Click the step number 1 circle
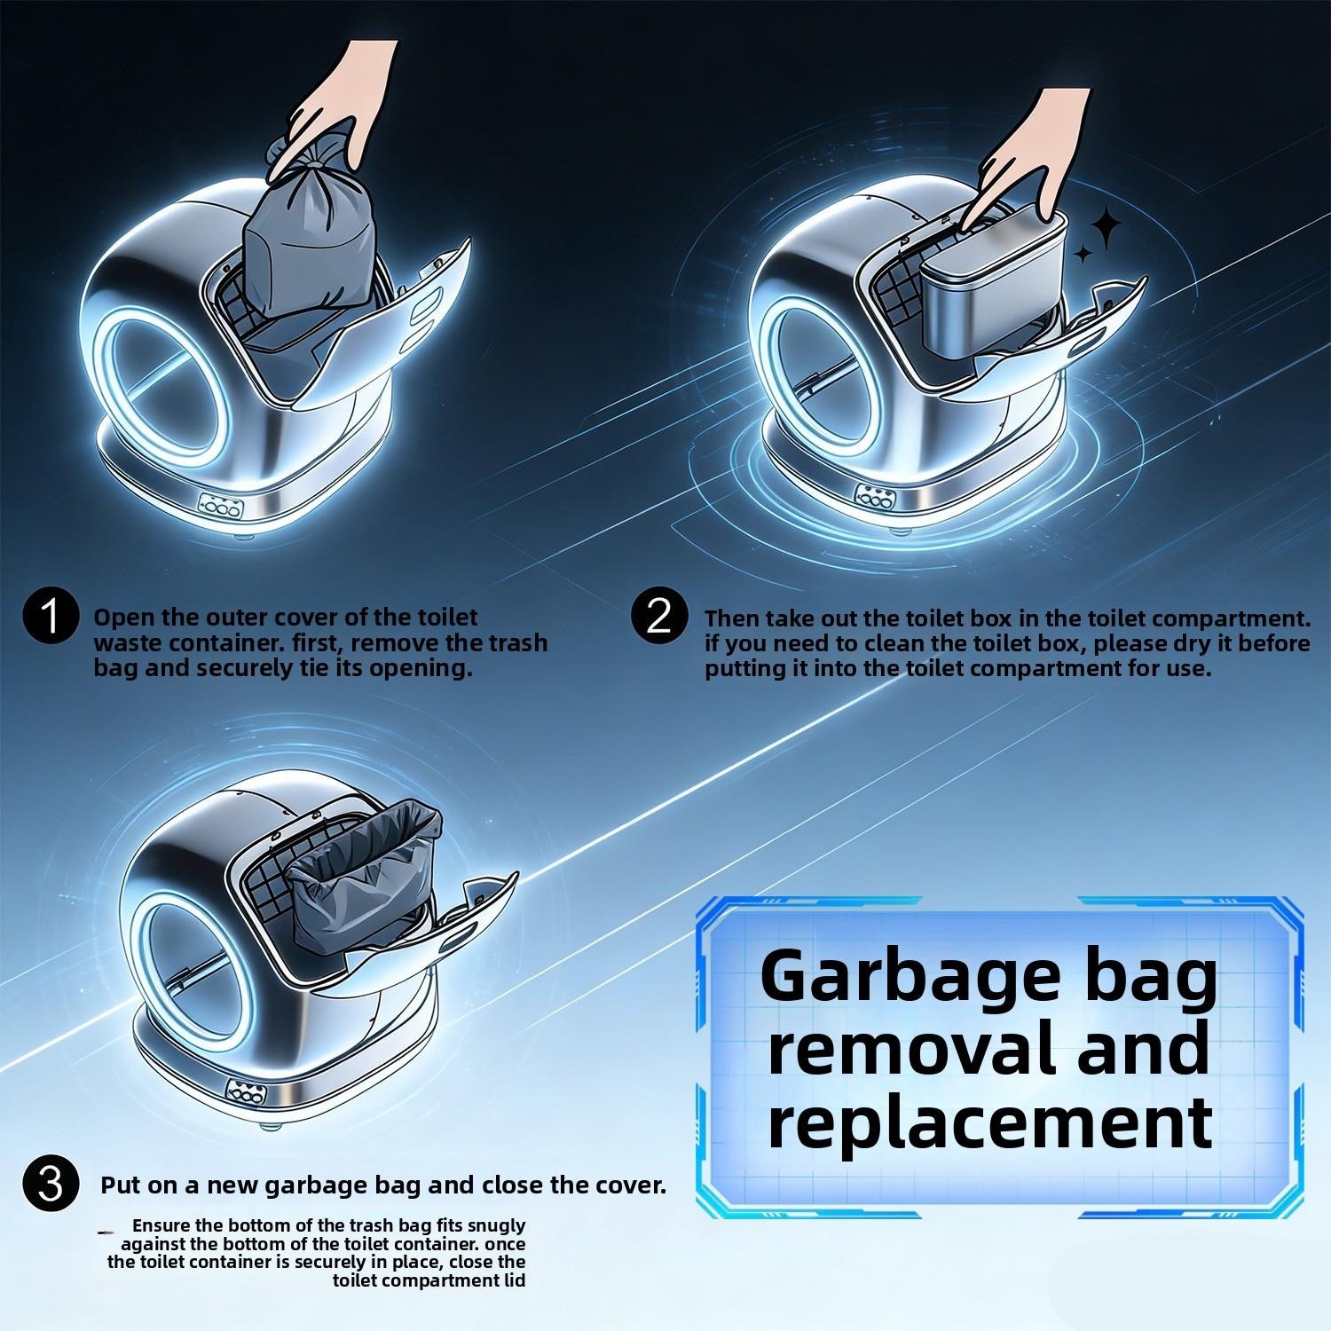click(x=51, y=615)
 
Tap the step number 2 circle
click(x=659, y=615)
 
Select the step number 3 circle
click(x=51, y=1184)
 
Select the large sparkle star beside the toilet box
click(x=1106, y=229)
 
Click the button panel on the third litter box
click(x=246, y=1091)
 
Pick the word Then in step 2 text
click(x=732, y=618)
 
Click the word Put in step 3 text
click(x=120, y=1185)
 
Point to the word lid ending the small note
click(x=514, y=1280)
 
